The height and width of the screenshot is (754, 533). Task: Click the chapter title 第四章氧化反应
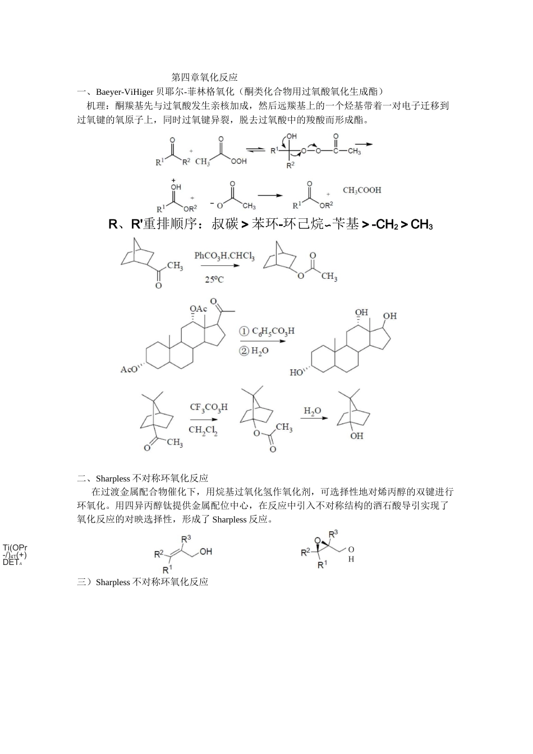pos(204,77)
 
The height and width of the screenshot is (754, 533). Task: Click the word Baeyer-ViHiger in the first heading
pos(125,91)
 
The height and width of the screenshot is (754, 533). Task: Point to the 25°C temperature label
pos(214,279)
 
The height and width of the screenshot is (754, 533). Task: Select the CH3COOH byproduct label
pos(362,190)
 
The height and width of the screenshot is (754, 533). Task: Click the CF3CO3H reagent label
pos(209,407)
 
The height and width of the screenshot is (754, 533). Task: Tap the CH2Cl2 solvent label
pos(203,430)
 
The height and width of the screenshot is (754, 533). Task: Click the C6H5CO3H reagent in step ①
pos(273,331)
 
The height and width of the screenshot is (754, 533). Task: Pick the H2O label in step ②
pos(260,351)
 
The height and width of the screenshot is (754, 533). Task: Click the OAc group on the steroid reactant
pos(198,309)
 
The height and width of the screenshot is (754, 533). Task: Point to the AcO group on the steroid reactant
pos(129,370)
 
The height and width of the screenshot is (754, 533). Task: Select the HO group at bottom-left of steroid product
pos(296,373)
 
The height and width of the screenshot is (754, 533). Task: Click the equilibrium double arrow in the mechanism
pos(256,150)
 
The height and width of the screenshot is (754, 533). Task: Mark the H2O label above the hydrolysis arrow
pos(313,411)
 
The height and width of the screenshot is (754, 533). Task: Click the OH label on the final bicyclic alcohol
pos(357,436)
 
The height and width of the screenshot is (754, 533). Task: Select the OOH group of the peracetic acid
pos(238,162)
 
